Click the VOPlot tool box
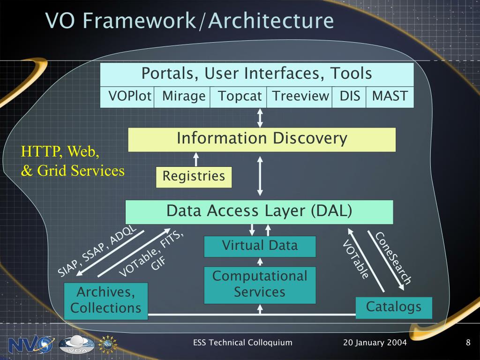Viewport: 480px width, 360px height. pos(127,97)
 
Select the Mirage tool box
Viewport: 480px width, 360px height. pos(182,97)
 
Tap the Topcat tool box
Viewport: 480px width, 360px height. pos(238,97)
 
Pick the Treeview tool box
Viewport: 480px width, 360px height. pos(299,97)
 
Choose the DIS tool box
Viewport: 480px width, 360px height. pos(349,97)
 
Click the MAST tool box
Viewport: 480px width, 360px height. pos(390,97)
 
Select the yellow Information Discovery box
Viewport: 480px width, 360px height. pos(262,140)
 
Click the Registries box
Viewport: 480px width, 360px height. pos(194,177)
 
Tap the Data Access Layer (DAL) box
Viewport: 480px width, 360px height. pos(259,212)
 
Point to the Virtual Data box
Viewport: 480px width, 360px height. pos(260,247)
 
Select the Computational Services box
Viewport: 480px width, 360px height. pos(260,285)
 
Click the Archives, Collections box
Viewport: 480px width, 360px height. pos(106,301)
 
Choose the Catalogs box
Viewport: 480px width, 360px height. pos(394,307)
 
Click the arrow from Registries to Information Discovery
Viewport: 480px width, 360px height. pos(196,159)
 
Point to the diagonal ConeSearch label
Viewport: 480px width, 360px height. pos(393,258)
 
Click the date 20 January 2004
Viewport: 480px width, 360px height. pos(375,342)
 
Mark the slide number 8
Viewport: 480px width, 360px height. pos(468,342)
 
